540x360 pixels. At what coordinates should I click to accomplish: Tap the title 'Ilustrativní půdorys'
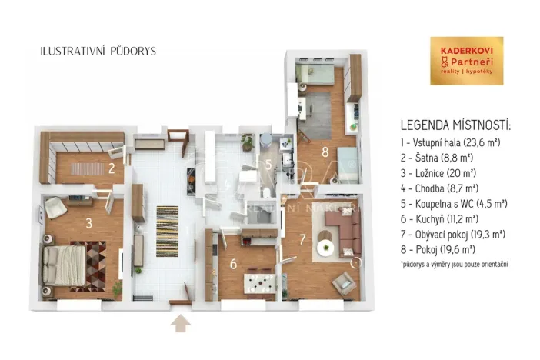[x=98, y=51]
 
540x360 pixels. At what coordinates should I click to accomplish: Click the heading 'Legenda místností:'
[x=455, y=125]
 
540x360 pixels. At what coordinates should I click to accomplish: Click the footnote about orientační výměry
[x=454, y=264]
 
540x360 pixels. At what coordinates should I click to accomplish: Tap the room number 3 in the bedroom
[x=89, y=224]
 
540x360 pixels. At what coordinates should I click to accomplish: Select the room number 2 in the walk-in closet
[x=112, y=168]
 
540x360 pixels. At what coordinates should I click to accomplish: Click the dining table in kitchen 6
[x=260, y=281]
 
